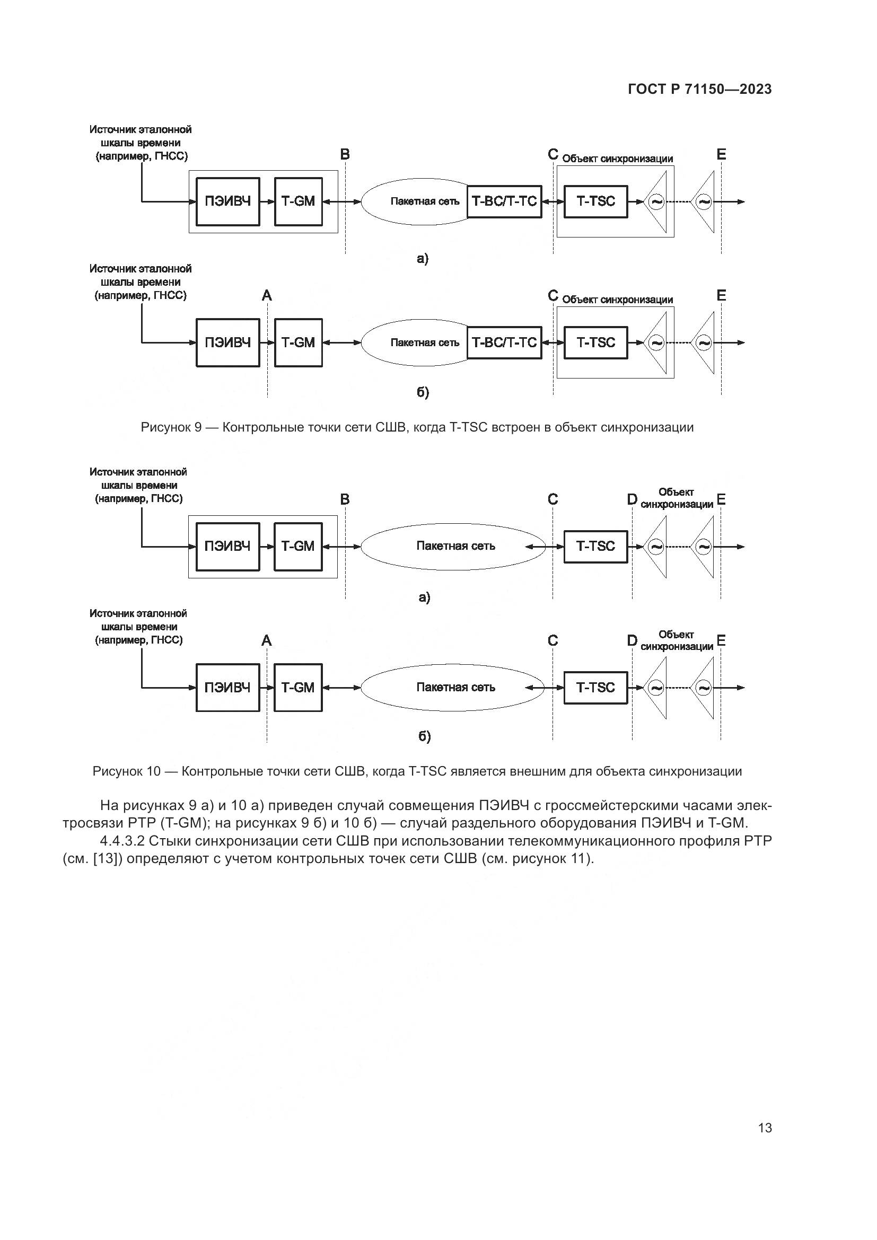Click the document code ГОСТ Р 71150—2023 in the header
coord(700,90)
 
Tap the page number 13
coord(765,1128)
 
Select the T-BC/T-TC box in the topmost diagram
coord(504,201)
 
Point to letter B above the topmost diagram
coord(345,155)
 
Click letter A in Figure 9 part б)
coord(267,296)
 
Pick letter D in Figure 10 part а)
coord(632,499)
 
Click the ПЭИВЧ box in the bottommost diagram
coord(227,688)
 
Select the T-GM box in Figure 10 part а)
coord(297,546)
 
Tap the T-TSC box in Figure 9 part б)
coord(595,342)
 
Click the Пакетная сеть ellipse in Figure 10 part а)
coord(455,546)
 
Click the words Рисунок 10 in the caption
coord(126,771)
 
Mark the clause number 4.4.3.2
coord(123,841)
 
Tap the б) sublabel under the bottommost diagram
coord(425,737)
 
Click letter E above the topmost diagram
coord(722,155)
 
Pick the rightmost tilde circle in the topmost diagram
coord(704,202)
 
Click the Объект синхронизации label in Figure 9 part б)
coord(617,300)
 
